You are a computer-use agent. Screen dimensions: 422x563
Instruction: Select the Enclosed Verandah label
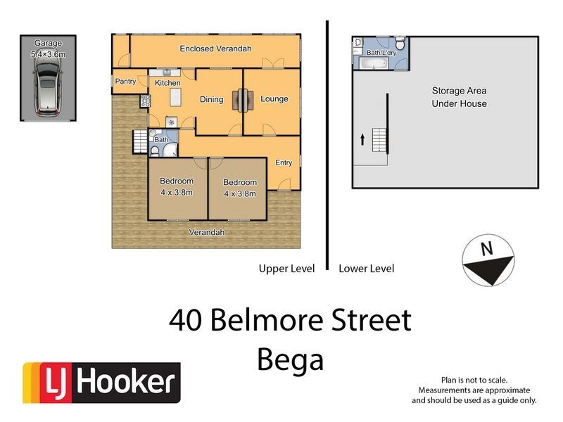coord(215,49)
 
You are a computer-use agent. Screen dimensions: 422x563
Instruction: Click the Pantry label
coord(125,82)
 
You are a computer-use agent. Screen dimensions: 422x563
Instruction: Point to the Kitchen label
coord(167,83)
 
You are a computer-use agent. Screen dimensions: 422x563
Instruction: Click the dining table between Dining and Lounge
coord(243,100)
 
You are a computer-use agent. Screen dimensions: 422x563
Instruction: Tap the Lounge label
coord(274,99)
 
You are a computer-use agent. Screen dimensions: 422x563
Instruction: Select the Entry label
coord(284,162)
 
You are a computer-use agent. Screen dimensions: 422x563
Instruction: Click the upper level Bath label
coord(161,139)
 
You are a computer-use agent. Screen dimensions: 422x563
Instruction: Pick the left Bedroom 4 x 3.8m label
coord(176,186)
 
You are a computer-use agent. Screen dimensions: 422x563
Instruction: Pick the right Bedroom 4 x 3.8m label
coord(240,188)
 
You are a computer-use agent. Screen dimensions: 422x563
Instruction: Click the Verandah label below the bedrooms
coord(207,232)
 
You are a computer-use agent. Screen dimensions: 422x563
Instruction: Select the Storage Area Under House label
coord(459,97)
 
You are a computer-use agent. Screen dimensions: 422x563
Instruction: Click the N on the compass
coord(485,248)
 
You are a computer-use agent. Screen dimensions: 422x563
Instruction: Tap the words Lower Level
coord(366,268)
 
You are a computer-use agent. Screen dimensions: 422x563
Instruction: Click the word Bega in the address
coord(290,359)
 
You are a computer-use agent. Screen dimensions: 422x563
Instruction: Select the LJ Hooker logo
coord(102,382)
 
